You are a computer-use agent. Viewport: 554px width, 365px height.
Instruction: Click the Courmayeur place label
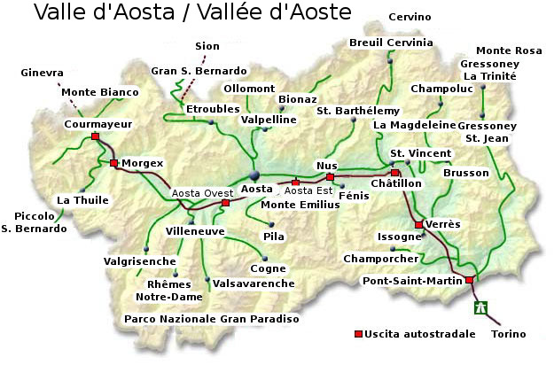pos(97,125)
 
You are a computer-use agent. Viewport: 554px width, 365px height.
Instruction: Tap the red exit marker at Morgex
pos(113,163)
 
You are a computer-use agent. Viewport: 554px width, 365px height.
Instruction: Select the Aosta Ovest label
pos(202,192)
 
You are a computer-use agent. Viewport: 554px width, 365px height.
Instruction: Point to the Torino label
pos(508,334)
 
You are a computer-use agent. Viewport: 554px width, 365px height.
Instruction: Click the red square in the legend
pos(358,334)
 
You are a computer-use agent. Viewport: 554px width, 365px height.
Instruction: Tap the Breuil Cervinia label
pos(391,43)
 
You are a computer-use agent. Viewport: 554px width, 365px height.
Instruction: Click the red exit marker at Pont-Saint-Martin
pos(470,280)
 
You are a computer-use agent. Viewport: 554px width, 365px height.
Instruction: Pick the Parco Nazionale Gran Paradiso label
pos(212,318)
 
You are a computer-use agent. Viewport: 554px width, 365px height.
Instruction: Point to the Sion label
pos(207,46)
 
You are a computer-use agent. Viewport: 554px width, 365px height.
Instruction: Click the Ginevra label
pos(42,72)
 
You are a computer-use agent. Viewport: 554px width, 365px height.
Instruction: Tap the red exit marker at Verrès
pos(418,225)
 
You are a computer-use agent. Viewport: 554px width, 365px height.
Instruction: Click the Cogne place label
pos(268,268)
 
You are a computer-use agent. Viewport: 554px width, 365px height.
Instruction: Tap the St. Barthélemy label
pos(358,110)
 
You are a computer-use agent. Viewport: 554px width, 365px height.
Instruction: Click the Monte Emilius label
pos(300,205)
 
